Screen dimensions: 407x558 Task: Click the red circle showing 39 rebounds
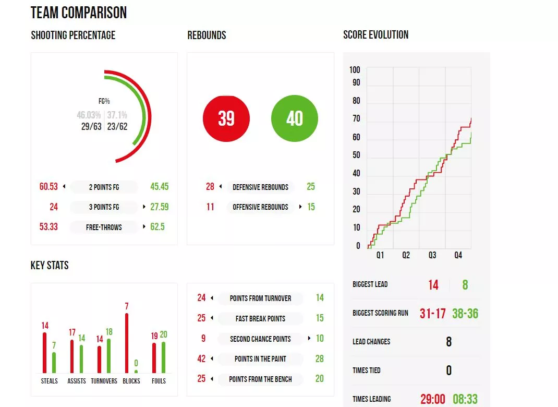tap(226, 118)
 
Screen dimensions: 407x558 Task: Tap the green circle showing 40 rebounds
tap(295, 118)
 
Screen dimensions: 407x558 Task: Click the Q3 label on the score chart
tap(432, 255)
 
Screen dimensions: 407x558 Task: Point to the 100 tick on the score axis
tap(355, 70)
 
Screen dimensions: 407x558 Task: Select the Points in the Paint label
tap(260, 359)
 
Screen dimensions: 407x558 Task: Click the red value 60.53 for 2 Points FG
tap(48, 187)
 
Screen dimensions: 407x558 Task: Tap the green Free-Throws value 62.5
tap(157, 227)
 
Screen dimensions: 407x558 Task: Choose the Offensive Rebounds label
tap(260, 207)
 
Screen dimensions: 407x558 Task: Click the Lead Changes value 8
tap(448, 342)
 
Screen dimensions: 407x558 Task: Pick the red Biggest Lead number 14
tap(433, 285)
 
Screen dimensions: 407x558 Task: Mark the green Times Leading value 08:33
tap(465, 399)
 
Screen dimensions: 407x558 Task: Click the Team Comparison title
tap(79, 13)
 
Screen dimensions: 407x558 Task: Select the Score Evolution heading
tap(375, 35)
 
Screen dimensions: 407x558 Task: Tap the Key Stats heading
tap(50, 265)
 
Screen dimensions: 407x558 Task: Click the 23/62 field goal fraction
tap(117, 126)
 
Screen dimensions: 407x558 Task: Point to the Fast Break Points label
tap(260, 318)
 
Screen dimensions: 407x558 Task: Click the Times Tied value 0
tap(448, 370)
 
